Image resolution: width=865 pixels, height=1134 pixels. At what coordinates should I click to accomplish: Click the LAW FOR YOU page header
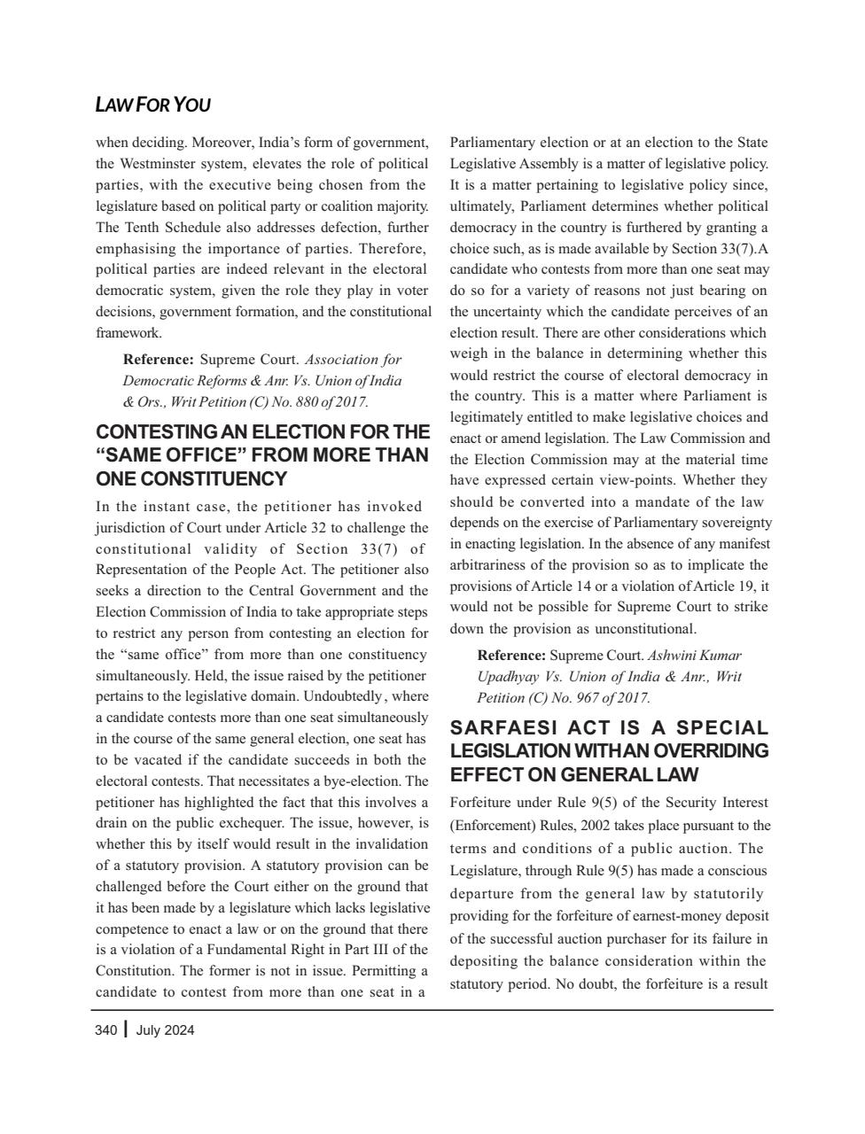coord(152,105)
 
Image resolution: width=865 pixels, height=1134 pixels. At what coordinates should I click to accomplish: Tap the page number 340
coord(105,1029)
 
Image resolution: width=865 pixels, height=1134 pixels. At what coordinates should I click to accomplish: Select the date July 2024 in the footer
coord(166,1029)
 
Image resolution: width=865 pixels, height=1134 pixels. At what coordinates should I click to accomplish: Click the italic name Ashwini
coord(674,656)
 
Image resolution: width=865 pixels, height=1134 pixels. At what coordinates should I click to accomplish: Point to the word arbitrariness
coord(489,565)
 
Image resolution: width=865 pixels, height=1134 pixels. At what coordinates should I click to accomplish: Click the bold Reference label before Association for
coord(159,360)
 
